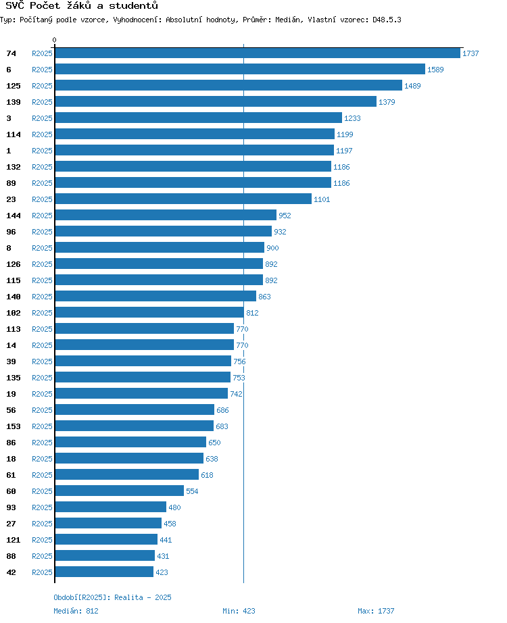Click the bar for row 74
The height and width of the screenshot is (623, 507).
258,53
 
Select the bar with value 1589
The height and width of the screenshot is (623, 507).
240,70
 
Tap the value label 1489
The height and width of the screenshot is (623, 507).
412,86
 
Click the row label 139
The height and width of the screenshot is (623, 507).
13,102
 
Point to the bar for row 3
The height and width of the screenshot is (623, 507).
199,118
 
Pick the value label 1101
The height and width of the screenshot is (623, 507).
322,199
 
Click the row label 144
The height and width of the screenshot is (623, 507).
13,216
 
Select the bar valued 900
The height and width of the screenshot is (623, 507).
160,248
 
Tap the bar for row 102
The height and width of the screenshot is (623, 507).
149,313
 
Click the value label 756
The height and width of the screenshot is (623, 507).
239,362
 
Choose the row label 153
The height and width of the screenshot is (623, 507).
13,426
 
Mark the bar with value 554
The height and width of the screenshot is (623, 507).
119,491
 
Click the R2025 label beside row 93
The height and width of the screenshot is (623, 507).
42,507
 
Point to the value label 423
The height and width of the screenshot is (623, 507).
162,572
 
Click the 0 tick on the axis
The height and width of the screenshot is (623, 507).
55,40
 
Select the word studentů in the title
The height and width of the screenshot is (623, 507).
134,5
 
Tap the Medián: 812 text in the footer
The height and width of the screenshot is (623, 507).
76,611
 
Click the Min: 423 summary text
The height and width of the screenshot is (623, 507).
239,611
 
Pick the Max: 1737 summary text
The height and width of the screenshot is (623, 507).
376,611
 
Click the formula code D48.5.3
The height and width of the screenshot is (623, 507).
387,20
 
